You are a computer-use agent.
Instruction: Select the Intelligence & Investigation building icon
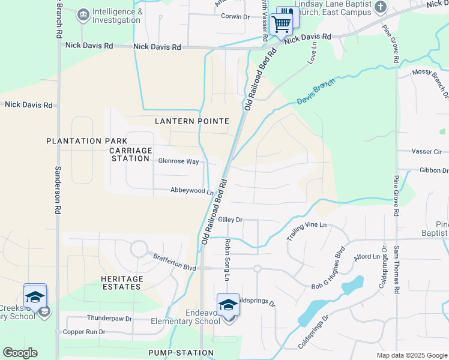pyautogui.click(x=83, y=14)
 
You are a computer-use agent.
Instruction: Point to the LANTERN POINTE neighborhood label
pyautogui.click(x=192, y=121)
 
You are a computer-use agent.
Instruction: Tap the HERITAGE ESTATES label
pyautogui.click(x=122, y=283)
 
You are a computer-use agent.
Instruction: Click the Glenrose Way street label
pyautogui.click(x=178, y=161)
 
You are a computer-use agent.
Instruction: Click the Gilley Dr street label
pyautogui.click(x=230, y=220)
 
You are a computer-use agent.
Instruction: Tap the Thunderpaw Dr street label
pyautogui.click(x=109, y=319)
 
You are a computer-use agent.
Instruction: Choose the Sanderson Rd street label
pyautogui.click(x=59, y=190)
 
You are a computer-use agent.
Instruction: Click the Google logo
pyautogui.click(x=20, y=353)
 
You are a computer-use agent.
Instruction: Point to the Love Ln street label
pyautogui.click(x=312, y=57)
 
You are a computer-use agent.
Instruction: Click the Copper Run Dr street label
pyautogui.click(x=84, y=332)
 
